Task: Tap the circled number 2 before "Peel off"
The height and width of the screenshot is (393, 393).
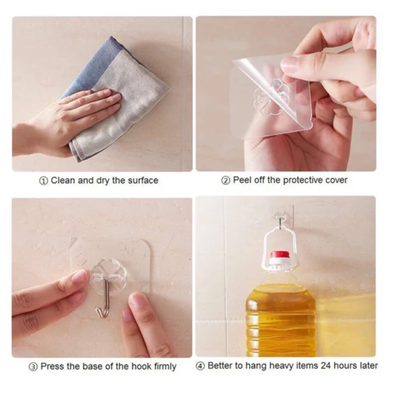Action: (226, 180)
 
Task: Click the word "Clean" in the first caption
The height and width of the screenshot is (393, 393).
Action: (63, 180)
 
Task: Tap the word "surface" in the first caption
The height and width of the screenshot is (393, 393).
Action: (142, 180)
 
